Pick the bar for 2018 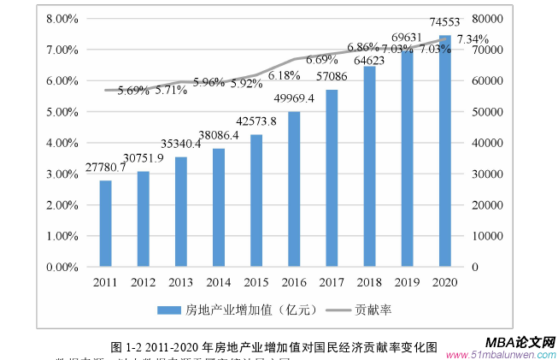click(369, 166)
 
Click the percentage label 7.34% click(473, 39)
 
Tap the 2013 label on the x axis click(180, 281)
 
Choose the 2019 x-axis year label click(407, 281)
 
